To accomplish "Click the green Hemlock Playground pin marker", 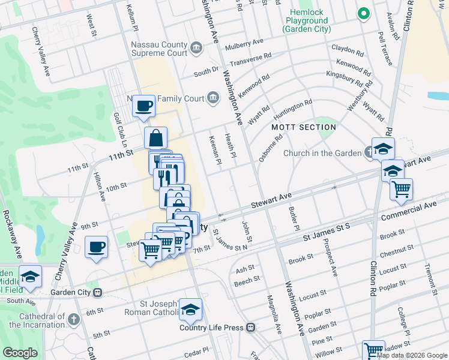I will [x=363, y=13].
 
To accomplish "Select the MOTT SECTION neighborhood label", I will [x=303, y=127].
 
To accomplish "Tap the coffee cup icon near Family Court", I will [x=143, y=107].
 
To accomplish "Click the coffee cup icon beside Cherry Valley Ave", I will [x=96, y=247].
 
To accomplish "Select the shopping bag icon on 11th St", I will [x=155, y=138].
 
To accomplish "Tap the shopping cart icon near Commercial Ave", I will [x=401, y=190].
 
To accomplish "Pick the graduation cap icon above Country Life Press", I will [x=190, y=310].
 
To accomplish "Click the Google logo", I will [x=20, y=352].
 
